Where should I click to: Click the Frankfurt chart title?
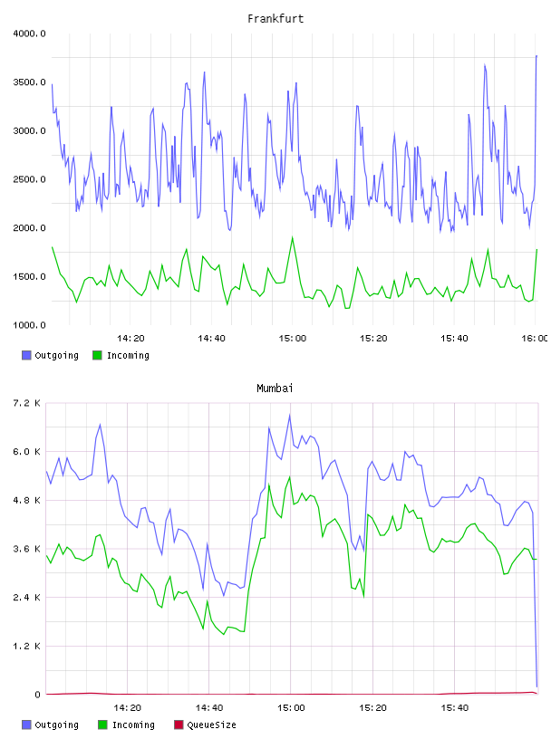[x=275, y=19]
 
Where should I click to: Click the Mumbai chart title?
[x=275, y=389]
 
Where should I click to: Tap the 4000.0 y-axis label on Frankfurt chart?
[x=29, y=34]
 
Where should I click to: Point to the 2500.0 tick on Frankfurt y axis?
[x=29, y=179]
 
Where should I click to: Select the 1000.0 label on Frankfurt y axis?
[x=29, y=325]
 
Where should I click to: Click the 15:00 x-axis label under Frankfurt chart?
[x=293, y=339]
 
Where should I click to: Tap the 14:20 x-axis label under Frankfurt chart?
[x=130, y=339]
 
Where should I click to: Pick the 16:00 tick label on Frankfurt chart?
[x=535, y=339]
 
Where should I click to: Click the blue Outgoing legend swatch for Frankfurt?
[x=26, y=355]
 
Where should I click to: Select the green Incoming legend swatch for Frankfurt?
[x=97, y=355]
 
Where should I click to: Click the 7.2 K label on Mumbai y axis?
[x=26, y=403]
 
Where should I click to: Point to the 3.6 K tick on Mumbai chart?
[x=26, y=549]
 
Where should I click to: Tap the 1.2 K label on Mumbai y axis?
[x=26, y=646]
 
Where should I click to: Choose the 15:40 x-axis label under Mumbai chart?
[x=454, y=708]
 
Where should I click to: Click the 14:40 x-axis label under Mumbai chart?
[x=209, y=708]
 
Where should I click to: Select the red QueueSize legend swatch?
[x=179, y=725]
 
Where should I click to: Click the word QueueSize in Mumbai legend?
[x=211, y=725]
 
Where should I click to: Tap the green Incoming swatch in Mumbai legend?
[x=102, y=725]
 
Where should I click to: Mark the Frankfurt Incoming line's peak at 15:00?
[x=293, y=237]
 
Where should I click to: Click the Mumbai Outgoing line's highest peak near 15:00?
[x=290, y=415]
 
